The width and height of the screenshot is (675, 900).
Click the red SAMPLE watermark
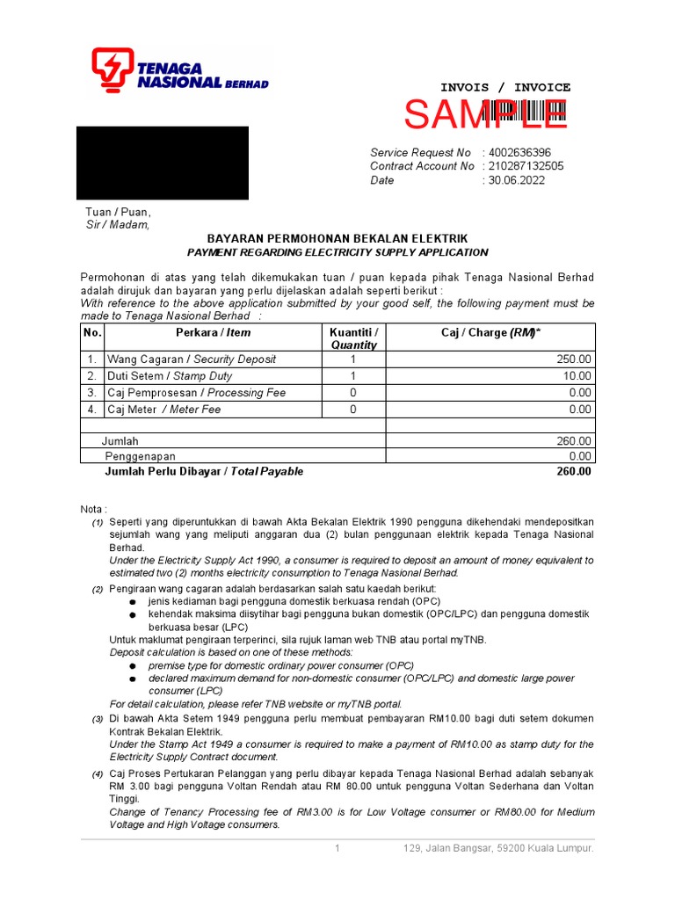coord(485,114)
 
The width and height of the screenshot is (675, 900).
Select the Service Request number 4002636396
coord(519,152)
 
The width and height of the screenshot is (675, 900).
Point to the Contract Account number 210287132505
coord(526,166)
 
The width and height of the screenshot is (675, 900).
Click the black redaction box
coord(163,163)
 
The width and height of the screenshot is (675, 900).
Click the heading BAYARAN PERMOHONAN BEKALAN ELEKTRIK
coord(337,239)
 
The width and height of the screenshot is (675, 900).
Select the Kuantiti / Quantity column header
coord(353,338)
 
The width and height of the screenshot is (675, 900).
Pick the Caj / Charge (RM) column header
coord(490,332)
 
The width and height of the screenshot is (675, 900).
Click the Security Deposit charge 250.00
coord(574,359)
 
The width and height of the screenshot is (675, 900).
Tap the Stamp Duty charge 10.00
coord(577,376)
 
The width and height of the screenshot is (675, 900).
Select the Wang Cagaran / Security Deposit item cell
coord(192,359)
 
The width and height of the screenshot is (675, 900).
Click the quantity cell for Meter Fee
coord(353,410)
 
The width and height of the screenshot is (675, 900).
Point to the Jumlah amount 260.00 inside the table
coord(574,441)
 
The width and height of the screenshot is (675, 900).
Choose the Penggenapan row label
coord(141,457)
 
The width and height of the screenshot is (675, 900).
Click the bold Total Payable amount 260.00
coord(574,472)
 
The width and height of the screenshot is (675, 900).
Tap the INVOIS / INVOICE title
coord(504,88)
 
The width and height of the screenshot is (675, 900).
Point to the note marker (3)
coord(98,720)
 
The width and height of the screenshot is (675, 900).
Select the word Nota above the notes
coord(93,509)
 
